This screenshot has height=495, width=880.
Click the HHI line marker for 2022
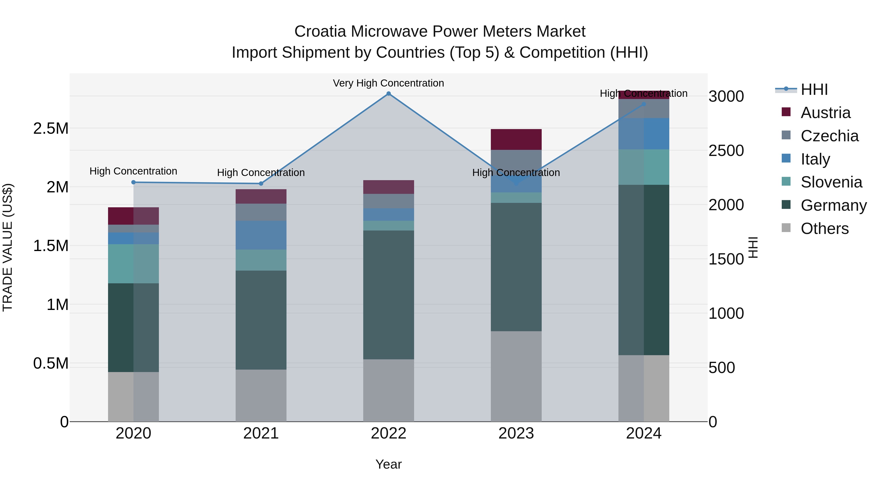pyautogui.click(x=388, y=94)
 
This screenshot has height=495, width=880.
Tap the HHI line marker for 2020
pyautogui.click(x=133, y=182)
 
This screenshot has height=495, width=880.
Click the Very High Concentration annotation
pyautogui.click(x=388, y=83)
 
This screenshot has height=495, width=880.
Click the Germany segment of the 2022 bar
pyautogui.click(x=388, y=295)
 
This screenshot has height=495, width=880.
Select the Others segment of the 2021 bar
pyautogui.click(x=261, y=395)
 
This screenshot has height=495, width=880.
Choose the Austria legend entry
pyautogui.click(x=825, y=113)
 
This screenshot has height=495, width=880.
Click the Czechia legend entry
pyautogui.click(x=829, y=136)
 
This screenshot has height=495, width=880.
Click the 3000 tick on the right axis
pyautogui.click(x=726, y=96)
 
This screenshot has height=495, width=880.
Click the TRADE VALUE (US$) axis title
pyautogui.click(x=8, y=247)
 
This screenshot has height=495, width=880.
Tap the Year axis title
pyautogui.click(x=388, y=464)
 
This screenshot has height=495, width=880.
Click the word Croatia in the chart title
pyautogui.click(x=320, y=32)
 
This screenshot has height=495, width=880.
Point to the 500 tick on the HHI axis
pyautogui.click(x=722, y=368)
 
